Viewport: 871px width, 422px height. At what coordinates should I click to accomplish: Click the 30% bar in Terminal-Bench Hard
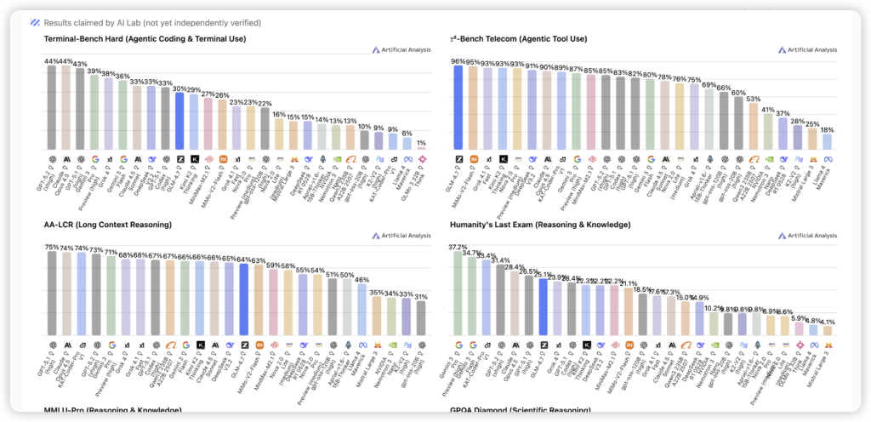pos(179,120)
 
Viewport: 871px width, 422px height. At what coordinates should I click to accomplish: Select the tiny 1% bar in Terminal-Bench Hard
pos(420,149)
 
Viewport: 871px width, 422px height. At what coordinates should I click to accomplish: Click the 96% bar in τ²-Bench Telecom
pos(458,107)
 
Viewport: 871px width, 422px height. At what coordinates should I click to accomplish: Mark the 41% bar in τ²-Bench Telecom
pos(767,132)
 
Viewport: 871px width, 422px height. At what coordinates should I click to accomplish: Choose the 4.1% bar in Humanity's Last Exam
pos(827,330)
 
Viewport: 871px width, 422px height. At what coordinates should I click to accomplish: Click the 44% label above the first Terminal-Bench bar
pos(53,61)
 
